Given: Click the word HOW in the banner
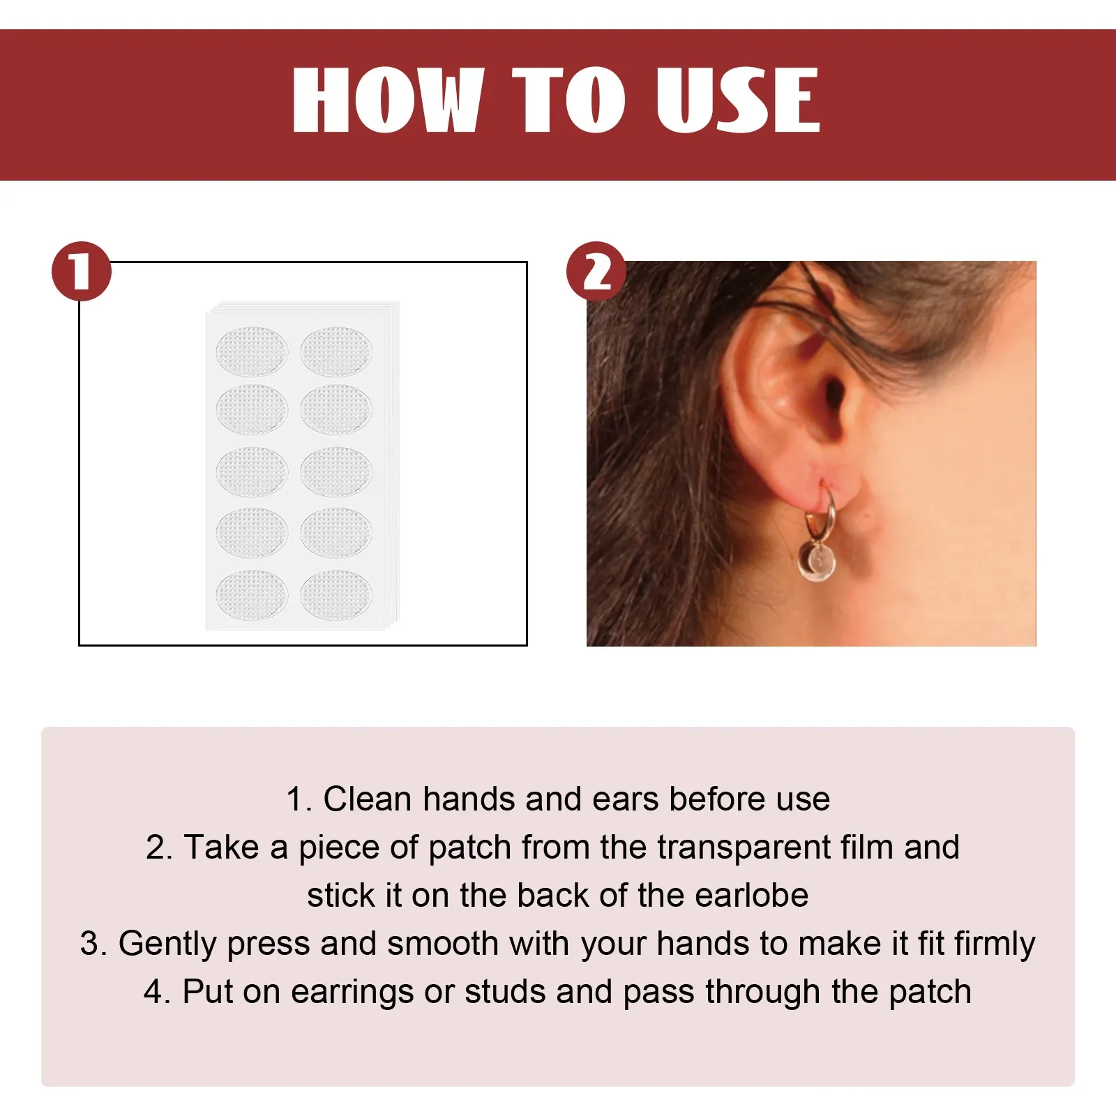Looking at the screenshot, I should [388, 100].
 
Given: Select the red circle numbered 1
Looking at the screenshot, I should [82, 271].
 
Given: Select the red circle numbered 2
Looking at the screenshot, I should [596, 271].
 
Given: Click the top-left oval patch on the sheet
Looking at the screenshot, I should [252, 351].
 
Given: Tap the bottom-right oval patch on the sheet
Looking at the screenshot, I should [336, 595].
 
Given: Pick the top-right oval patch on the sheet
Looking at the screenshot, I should [336, 351].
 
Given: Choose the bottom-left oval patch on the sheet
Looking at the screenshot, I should [252, 595].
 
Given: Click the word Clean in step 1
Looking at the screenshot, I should [367, 799].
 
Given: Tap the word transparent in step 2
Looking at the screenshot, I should [744, 848].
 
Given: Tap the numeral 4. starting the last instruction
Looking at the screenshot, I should [157, 992].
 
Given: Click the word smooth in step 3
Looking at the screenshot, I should [443, 944].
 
